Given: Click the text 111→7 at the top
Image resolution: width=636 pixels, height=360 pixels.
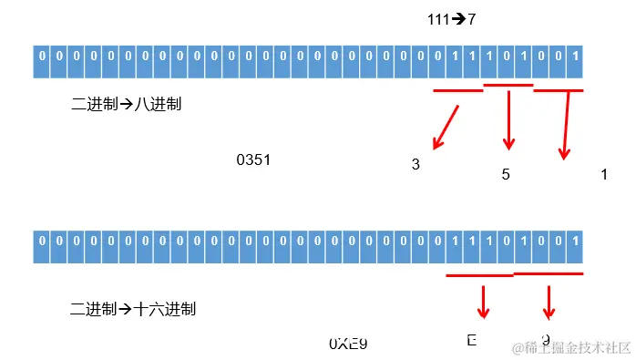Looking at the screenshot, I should (451, 18).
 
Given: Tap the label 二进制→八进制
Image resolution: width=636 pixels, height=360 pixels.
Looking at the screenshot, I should (126, 104).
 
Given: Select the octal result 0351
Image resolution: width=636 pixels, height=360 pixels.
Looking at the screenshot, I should (253, 160).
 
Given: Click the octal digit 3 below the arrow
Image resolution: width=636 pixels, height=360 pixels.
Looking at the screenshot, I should (415, 165).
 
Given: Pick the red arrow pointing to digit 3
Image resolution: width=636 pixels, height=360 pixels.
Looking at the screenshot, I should (446, 126).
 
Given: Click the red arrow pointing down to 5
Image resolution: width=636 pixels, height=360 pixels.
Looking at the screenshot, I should (508, 118).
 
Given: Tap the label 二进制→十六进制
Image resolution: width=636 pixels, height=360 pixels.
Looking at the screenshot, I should (133, 309).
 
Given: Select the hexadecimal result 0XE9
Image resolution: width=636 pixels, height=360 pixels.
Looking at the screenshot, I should (347, 343).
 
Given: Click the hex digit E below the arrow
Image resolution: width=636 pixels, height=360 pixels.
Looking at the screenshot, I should (472, 341).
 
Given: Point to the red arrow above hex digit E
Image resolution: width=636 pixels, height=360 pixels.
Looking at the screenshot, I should (483, 300).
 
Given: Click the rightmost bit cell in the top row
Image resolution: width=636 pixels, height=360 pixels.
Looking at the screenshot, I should (575, 61).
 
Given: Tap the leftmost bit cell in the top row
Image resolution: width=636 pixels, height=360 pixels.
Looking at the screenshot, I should (41, 61).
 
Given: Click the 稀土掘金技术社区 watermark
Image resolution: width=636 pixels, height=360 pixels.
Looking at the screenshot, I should (571, 347).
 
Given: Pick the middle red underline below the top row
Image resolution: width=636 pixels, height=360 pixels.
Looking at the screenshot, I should (508, 86).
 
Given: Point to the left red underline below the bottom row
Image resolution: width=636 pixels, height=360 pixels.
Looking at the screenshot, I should (479, 275).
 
